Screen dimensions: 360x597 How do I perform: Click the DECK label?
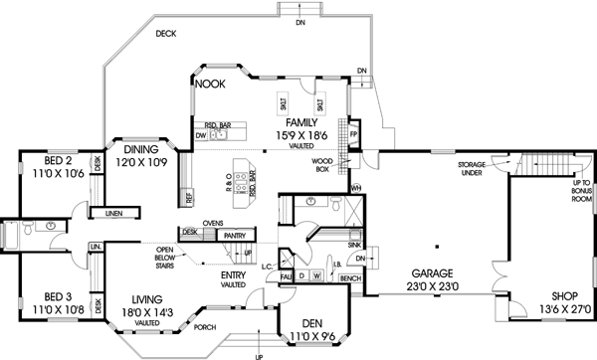coord(165,33)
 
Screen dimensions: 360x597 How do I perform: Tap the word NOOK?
coord(210,85)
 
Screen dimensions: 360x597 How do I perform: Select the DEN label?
coord(311,323)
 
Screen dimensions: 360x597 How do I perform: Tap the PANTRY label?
coord(234,235)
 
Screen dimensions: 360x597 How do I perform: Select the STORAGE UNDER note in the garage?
coord(472,167)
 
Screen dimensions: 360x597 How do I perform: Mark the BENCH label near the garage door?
coord(349,279)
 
